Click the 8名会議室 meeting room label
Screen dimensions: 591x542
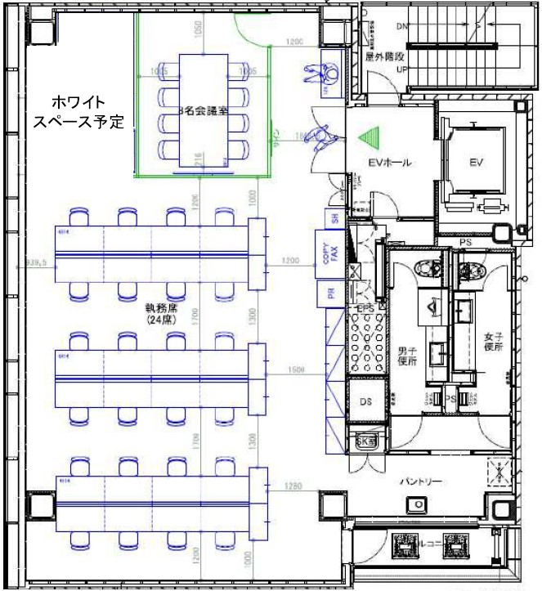pyautogui.click(x=202, y=108)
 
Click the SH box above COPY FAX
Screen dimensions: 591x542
pyautogui.click(x=334, y=217)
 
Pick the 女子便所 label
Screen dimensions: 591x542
pyautogui.click(x=492, y=342)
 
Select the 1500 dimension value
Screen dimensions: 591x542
pyautogui.click(x=296, y=370)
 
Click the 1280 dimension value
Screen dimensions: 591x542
pyautogui.click(x=295, y=487)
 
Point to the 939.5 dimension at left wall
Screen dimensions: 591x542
pyautogui.click(x=38, y=263)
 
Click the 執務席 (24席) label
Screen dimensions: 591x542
pyautogui.click(x=162, y=316)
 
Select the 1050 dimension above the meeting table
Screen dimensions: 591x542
pyautogui.click(x=196, y=29)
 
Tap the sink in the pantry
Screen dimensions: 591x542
pyautogui.click(x=422, y=502)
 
